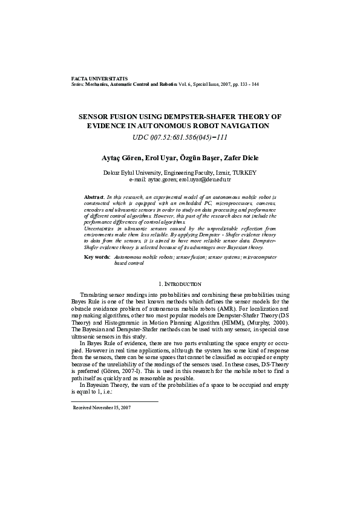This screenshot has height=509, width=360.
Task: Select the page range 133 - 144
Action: point(247,85)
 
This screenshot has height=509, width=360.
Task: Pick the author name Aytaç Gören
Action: point(120,158)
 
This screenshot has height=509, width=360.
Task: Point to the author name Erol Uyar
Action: point(160,158)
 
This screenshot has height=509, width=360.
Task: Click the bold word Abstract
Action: point(94,198)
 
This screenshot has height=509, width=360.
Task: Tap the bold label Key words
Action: point(97,257)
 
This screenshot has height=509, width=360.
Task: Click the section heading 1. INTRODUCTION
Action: point(180,284)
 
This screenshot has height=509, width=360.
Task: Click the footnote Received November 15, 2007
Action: point(102,408)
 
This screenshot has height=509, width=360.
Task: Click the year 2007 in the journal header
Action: point(220,85)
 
